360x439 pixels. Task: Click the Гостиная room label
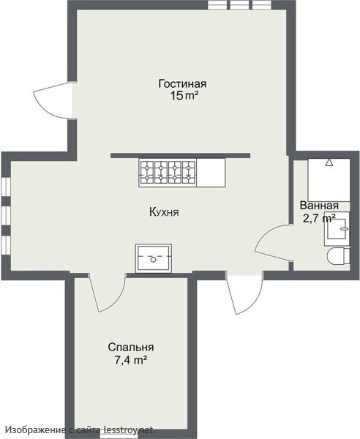[182, 83]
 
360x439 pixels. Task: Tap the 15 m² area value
[184, 96]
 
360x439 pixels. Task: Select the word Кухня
[164, 212]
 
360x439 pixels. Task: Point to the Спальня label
[131, 347]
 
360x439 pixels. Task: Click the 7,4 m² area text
[131, 360]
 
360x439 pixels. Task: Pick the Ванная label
[319, 205]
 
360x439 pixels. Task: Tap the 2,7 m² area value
[320, 218]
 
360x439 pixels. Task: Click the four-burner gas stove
[168, 173]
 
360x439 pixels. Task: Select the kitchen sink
[154, 258]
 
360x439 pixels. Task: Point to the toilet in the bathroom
[339, 255]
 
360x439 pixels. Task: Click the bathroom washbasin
[337, 229]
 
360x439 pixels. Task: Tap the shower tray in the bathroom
[329, 180]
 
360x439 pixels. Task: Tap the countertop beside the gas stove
[211, 173]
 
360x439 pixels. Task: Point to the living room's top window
[239, 5]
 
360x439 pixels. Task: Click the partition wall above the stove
[180, 156]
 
